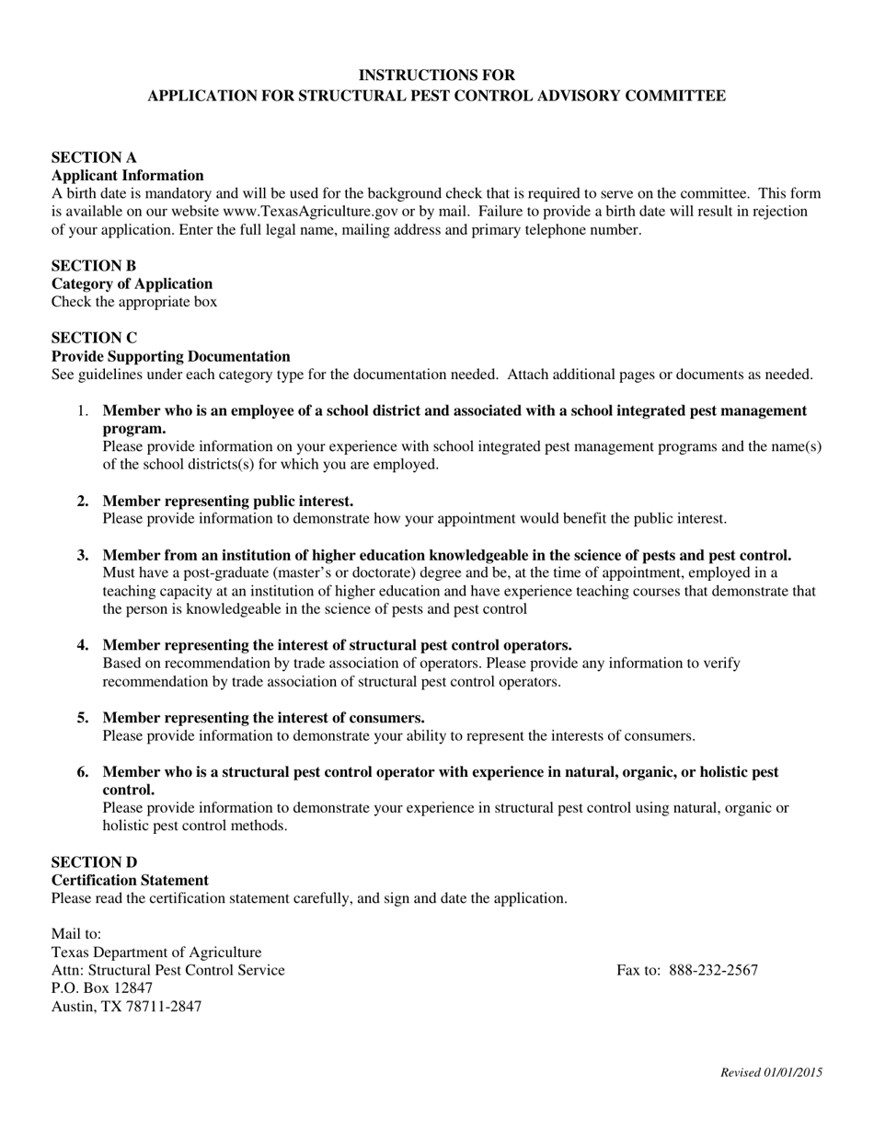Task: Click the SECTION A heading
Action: pyautogui.click(x=93, y=157)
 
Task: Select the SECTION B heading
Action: pyautogui.click(x=93, y=266)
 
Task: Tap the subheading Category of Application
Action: pyautogui.click(x=132, y=283)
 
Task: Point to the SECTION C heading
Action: pyautogui.click(x=94, y=338)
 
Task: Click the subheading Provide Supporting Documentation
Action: pyautogui.click(x=170, y=356)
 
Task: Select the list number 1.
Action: pyautogui.click(x=83, y=410)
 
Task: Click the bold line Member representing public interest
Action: pyautogui.click(x=227, y=501)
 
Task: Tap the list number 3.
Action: pyautogui.click(x=83, y=555)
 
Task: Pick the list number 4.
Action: pyautogui.click(x=83, y=645)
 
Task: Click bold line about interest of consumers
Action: pyautogui.click(x=263, y=718)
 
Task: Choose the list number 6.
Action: pyautogui.click(x=83, y=772)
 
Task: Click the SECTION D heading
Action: pyautogui.click(x=94, y=862)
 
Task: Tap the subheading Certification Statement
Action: pyautogui.click(x=130, y=880)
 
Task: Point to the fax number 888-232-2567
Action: pyautogui.click(x=713, y=970)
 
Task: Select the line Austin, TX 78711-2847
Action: pyautogui.click(x=126, y=1006)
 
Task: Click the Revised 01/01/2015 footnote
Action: pyautogui.click(x=771, y=1072)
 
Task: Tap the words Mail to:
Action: pyautogui.click(x=76, y=934)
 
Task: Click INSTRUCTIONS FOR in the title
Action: pyautogui.click(x=436, y=75)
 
